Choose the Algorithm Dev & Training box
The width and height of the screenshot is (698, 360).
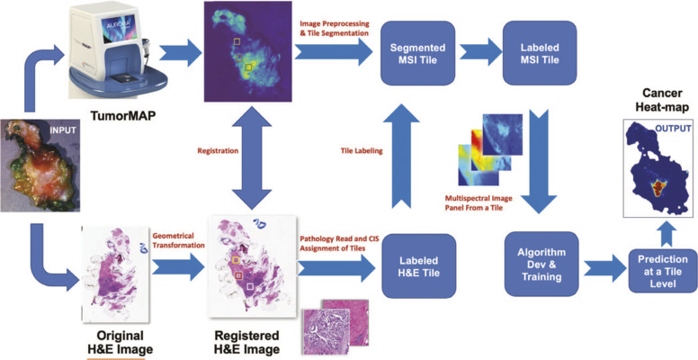pyautogui.click(x=542, y=262)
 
